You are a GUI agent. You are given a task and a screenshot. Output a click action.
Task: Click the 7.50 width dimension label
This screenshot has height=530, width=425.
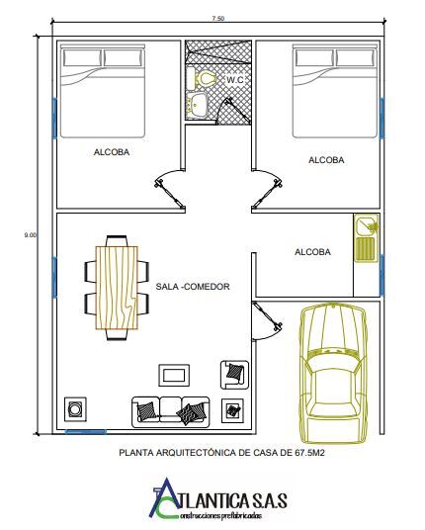click(x=218, y=19)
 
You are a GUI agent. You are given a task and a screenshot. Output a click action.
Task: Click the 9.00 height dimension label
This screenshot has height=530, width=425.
click(x=30, y=235)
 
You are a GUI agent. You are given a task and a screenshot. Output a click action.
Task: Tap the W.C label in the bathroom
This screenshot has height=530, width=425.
click(x=235, y=80)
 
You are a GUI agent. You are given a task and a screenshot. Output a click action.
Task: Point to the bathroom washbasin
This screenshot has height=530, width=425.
click(x=197, y=105)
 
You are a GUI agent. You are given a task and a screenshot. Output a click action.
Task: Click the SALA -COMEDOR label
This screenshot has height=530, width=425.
click(x=193, y=287)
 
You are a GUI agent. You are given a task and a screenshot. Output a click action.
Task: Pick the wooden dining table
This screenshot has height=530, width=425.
click(x=117, y=288)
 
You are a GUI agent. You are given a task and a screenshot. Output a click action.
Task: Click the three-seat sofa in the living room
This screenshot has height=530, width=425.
click(x=171, y=412)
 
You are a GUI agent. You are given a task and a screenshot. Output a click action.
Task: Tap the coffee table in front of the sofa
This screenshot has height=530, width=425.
click(x=174, y=375)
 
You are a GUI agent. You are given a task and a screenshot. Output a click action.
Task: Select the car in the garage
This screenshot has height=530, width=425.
click(x=334, y=374)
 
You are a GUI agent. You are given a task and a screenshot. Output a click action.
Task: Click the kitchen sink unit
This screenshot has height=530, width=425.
click(x=367, y=238)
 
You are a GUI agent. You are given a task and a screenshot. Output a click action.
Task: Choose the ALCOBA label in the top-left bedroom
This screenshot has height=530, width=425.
click(x=112, y=152)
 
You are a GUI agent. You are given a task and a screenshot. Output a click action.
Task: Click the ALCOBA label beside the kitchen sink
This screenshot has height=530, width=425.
click(x=312, y=252)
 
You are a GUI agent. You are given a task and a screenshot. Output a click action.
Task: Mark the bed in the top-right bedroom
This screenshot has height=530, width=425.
click(x=335, y=91)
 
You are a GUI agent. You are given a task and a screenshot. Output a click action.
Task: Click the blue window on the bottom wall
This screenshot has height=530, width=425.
click(x=86, y=431)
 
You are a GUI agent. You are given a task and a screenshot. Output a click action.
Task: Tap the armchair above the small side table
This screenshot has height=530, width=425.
click(x=235, y=374)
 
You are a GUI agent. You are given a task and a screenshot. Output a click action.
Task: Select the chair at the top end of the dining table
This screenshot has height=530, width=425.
click(x=117, y=240)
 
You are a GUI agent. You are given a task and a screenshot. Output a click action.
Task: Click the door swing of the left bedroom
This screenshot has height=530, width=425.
click(x=170, y=188)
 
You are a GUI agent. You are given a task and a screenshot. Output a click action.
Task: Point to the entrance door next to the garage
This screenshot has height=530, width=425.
click(x=267, y=320)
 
